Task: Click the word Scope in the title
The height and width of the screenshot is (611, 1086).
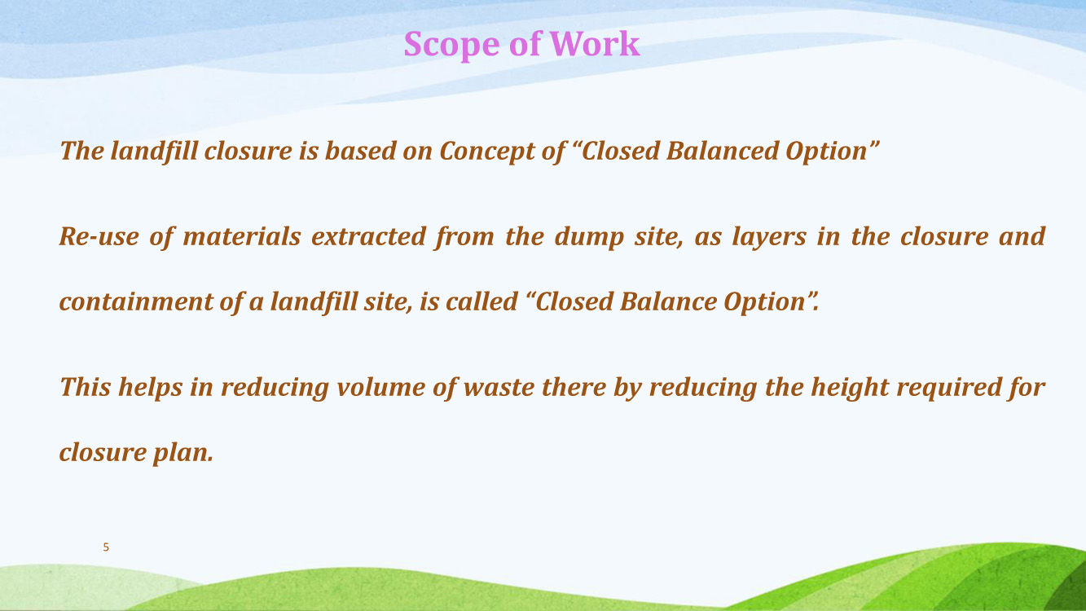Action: tap(451, 45)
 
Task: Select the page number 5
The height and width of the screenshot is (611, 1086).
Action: tap(106, 547)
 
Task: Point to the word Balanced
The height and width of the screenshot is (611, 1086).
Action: tap(723, 151)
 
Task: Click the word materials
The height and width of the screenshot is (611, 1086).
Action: tap(242, 236)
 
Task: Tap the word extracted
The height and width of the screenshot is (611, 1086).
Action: tap(368, 236)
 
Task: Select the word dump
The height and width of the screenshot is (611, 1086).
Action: tap(589, 238)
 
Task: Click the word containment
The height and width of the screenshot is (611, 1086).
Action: tap(136, 301)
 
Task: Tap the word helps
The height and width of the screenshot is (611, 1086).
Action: tap(150, 388)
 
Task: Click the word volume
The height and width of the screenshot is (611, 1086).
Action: tap(381, 387)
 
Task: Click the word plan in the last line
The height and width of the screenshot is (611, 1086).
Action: tap(182, 453)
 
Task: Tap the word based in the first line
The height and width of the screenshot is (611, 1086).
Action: tap(360, 151)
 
